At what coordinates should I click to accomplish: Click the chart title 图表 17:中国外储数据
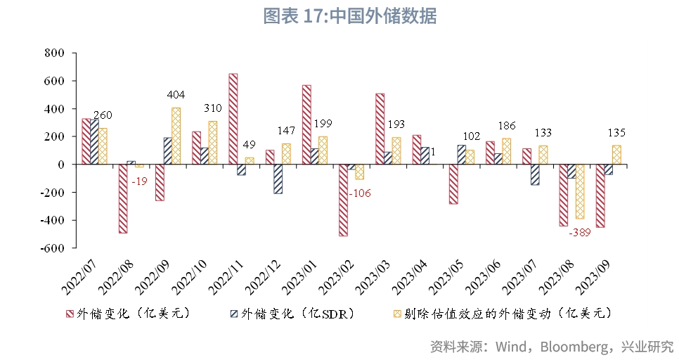tap(349, 16)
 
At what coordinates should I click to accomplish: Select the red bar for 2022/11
tap(233, 119)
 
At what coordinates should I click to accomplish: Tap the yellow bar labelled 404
tap(176, 136)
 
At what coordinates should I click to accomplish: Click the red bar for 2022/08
tap(123, 198)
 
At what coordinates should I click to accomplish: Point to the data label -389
tap(579, 231)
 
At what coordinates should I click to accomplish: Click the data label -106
tap(359, 193)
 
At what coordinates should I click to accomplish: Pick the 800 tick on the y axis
tap(53, 53)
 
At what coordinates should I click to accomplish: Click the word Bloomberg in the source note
tap(581, 347)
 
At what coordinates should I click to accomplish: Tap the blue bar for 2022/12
tap(278, 179)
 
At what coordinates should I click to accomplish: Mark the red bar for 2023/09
tap(600, 195)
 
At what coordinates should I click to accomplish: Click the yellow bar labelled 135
tap(616, 155)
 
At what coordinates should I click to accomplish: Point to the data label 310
tap(212, 108)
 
